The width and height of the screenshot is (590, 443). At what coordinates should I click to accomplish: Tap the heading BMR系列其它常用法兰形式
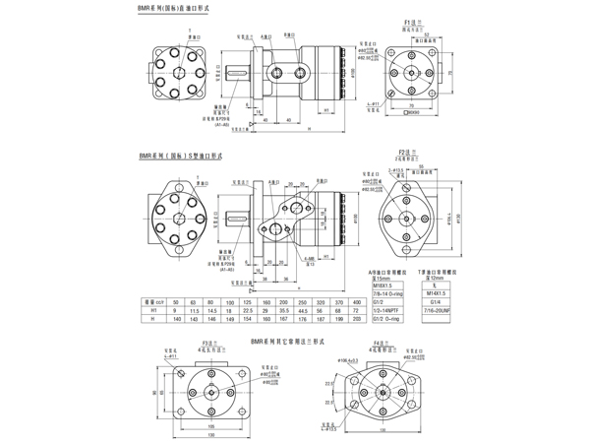click(x=293, y=340)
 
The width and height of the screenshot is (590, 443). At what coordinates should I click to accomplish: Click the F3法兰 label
click(x=208, y=344)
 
